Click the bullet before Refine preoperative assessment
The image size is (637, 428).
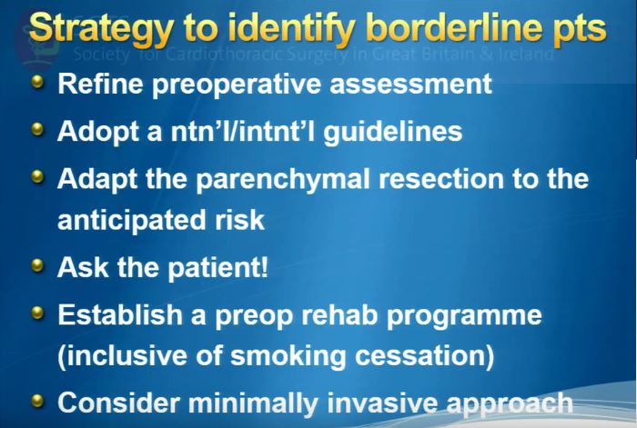click(x=37, y=83)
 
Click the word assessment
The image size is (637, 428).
click(x=410, y=84)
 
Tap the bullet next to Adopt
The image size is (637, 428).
click(x=37, y=130)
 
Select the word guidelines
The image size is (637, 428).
click(x=393, y=132)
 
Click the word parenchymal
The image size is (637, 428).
click(x=283, y=179)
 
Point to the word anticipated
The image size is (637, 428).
click(x=132, y=221)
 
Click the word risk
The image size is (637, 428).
click(x=239, y=219)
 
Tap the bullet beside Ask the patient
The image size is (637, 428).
click(x=37, y=266)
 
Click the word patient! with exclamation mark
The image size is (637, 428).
click(x=217, y=268)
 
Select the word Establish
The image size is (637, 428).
click(x=120, y=314)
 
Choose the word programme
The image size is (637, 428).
click(x=464, y=316)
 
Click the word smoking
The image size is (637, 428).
click(x=288, y=356)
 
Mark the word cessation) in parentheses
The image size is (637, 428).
click(x=425, y=356)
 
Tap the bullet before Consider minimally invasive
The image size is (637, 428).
click(x=37, y=401)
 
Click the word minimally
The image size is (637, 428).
click(x=254, y=403)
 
